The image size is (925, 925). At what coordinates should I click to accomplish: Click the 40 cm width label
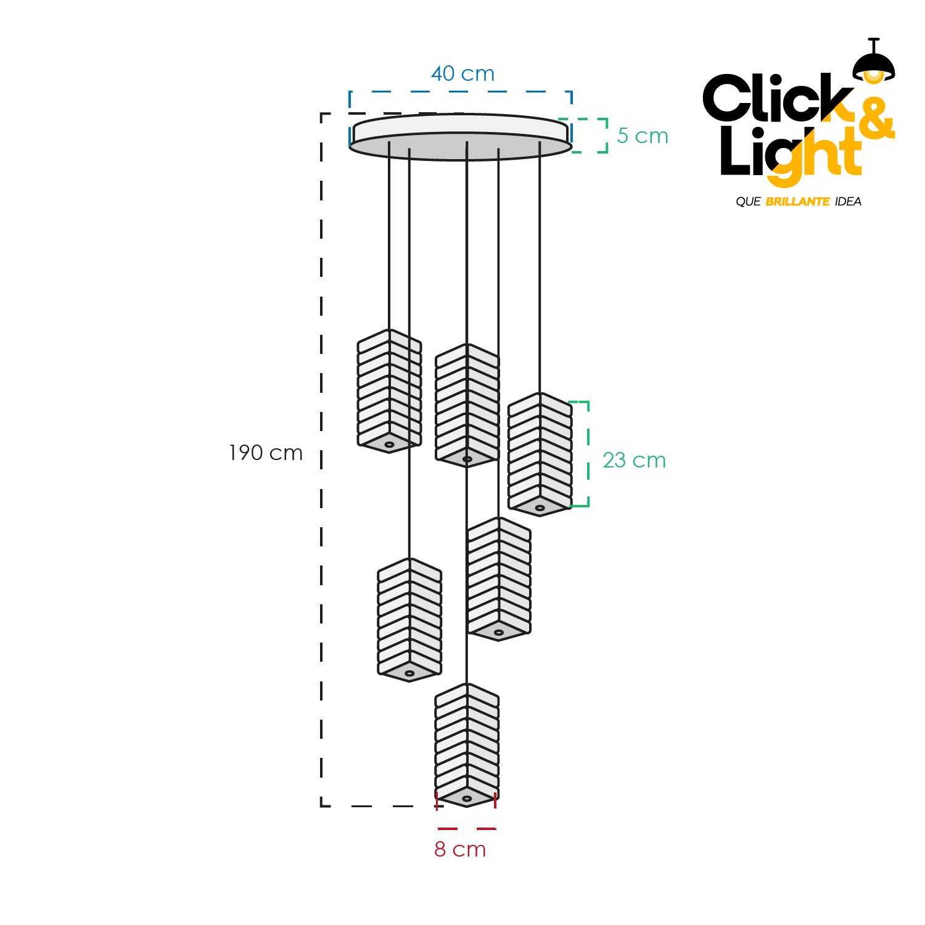[462, 74]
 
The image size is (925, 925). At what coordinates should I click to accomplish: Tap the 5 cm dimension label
[643, 136]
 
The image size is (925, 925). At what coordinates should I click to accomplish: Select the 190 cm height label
[266, 453]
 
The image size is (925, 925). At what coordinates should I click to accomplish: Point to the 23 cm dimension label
[634, 460]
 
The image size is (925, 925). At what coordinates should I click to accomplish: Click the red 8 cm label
[460, 849]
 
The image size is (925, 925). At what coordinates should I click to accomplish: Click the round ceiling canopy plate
[460, 137]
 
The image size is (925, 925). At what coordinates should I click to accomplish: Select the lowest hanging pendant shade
[467, 745]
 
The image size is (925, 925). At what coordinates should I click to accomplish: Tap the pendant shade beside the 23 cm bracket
[540, 454]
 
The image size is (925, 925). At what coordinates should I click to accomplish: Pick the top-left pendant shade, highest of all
[389, 391]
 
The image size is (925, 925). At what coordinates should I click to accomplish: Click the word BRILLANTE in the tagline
[797, 202]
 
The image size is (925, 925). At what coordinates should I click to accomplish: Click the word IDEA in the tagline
[848, 202]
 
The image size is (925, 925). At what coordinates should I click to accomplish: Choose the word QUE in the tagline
[748, 202]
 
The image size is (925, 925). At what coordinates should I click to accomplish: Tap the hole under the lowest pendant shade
[467, 799]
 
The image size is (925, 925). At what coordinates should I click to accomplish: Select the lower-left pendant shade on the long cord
[409, 620]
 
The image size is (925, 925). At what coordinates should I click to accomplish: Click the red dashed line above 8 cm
[467, 828]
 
